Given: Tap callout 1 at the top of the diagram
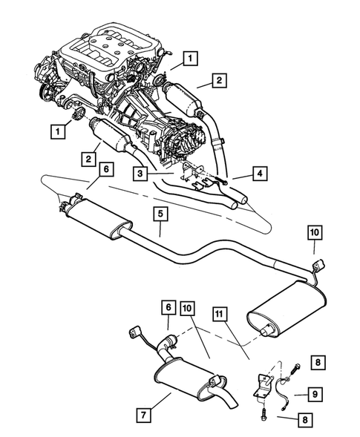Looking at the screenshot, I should click(192, 57).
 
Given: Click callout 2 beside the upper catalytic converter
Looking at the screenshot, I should click(220, 80).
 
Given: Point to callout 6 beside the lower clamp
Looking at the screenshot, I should click(168, 306).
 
